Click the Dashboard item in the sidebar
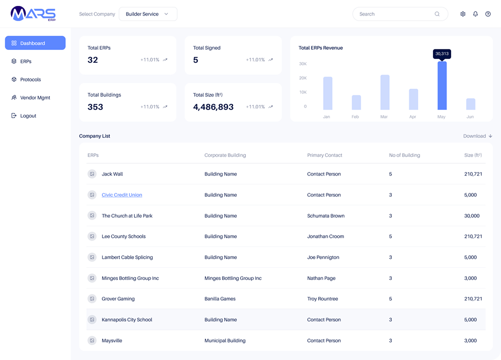click(x=35, y=43)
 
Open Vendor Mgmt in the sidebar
click(x=35, y=97)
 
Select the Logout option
click(x=28, y=116)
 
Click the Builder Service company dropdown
click(x=148, y=14)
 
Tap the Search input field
click(x=395, y=14)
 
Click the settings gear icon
click(x=463, y=14)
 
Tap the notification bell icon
click(x=475, y=14)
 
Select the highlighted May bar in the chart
click(x=442, y=86)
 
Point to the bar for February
click(x=356, y=102)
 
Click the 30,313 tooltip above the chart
click(x=442, y=54)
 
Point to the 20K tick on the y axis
click(x=303, y=78)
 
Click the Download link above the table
click(x=477, y=136)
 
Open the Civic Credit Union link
click(x=122, y=195)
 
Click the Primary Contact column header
click(x=325, y=155)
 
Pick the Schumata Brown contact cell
click(x=325, y=215)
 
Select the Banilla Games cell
click(x=220, y=299)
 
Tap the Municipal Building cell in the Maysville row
click(x=225, y=340)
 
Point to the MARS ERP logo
click(x=33, y=14)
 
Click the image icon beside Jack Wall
click(x=92, y=174)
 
